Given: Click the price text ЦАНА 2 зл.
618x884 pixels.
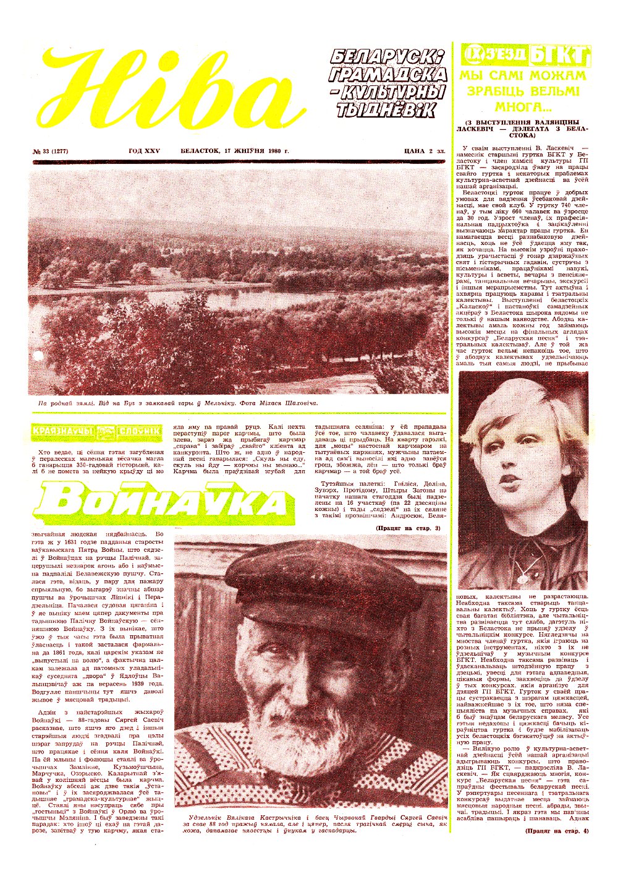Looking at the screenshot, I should click(x=425, y=152).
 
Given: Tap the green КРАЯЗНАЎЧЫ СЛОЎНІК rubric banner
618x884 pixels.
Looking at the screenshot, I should click(x=96, y=431).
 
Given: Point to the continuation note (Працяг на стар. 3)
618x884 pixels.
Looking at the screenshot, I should click(x=408, y=528).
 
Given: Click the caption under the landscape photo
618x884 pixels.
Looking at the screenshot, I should click(x=178, y=403).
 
